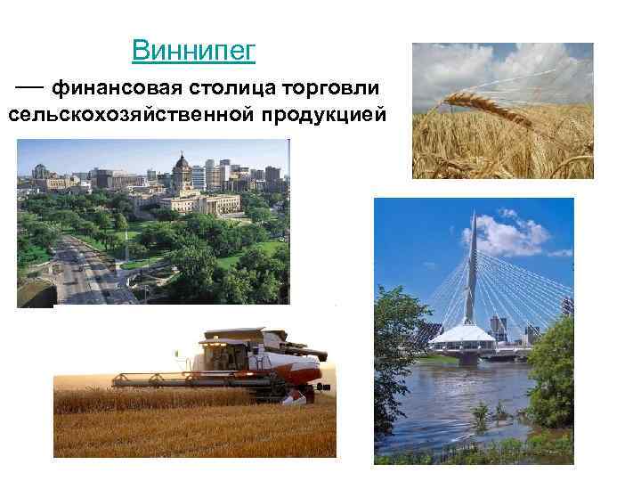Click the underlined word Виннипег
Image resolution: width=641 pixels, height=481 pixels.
193,50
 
